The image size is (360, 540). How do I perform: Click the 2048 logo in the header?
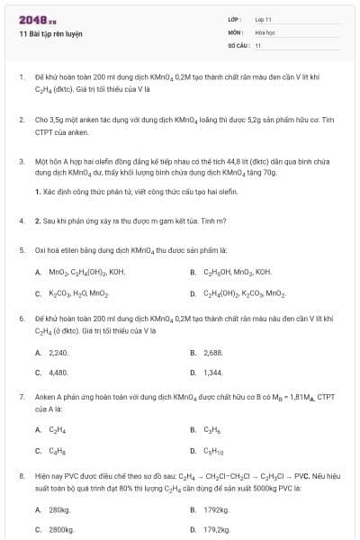pos(31,19)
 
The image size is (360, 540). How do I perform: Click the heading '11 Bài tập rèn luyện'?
pos(50,33)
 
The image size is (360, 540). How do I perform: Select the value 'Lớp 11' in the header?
pos(264,19)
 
